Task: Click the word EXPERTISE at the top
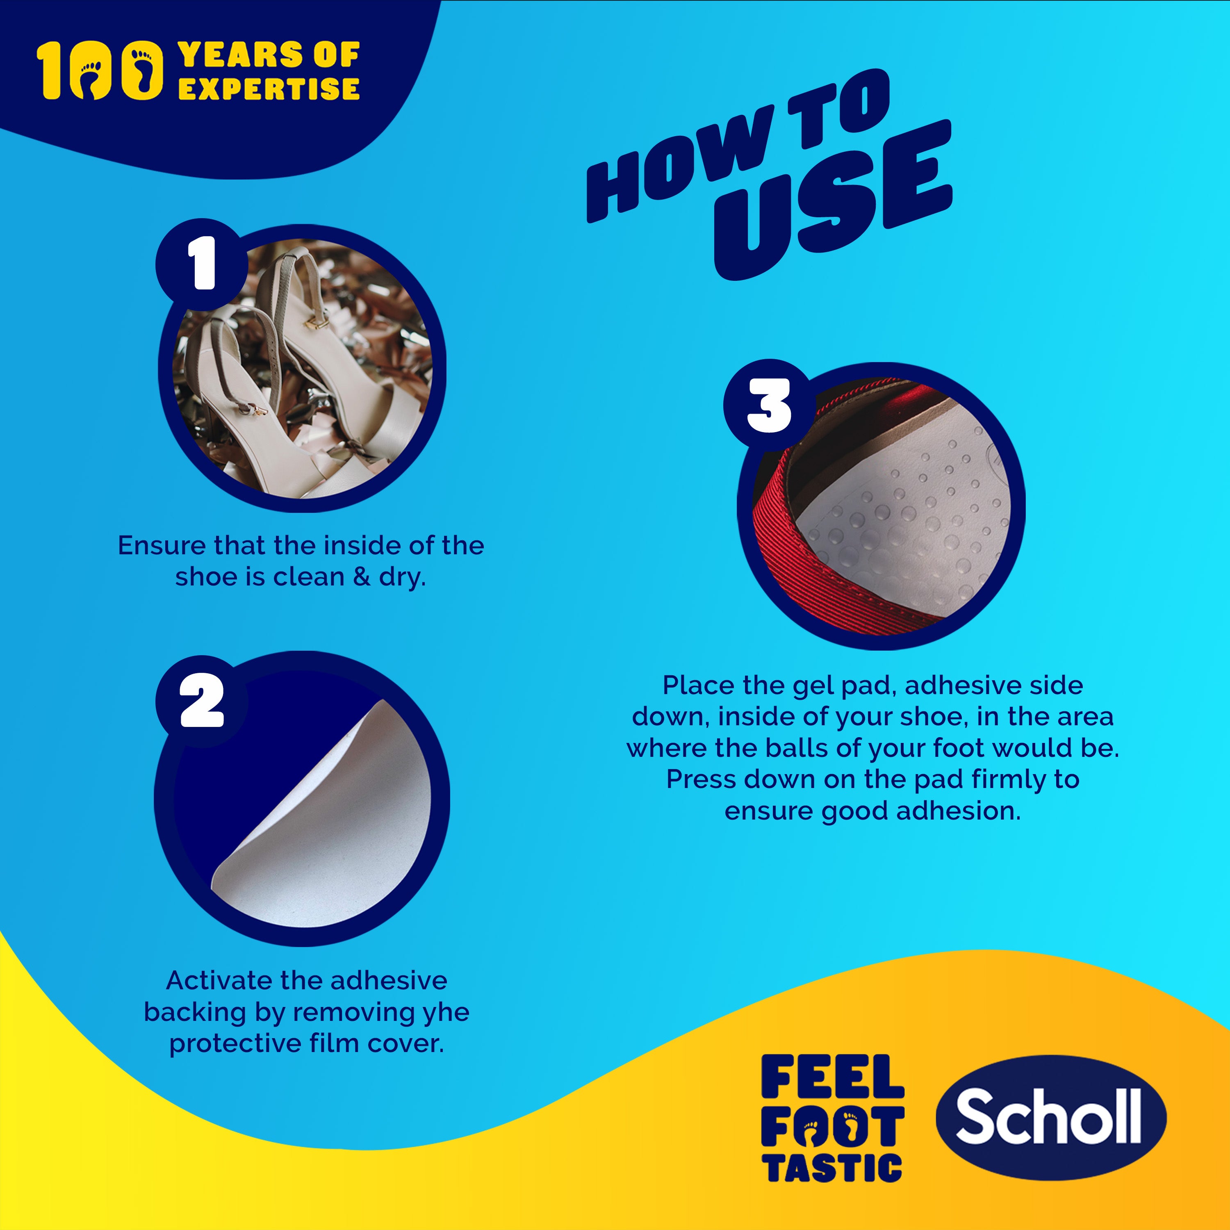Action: click(269, 89)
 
